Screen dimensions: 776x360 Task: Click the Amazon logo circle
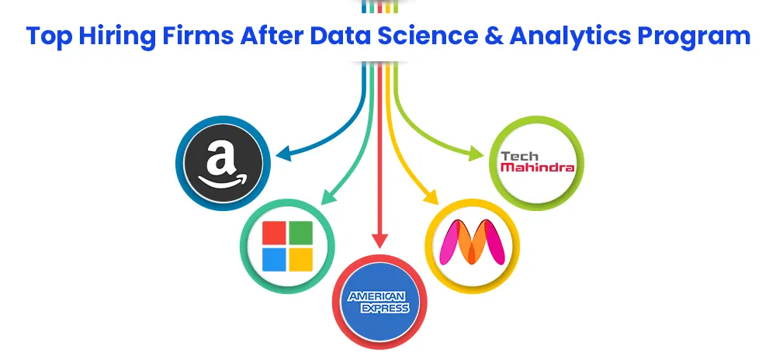223,163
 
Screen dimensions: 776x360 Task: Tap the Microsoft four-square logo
288,246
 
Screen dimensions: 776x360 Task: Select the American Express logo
379,302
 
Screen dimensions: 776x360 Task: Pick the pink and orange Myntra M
472,242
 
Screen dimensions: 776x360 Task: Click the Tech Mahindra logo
537,161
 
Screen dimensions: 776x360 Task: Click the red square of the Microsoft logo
275,233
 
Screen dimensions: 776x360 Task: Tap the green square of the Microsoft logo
301,233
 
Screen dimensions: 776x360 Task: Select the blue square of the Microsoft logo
275,260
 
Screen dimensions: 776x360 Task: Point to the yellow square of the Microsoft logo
301,260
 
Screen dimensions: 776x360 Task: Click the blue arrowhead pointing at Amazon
284,154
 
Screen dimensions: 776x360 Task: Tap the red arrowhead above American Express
379,240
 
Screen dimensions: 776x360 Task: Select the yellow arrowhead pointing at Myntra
430,197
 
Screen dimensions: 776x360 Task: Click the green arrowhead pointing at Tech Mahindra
476,154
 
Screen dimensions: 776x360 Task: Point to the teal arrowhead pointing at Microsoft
328,196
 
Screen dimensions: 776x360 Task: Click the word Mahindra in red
537,167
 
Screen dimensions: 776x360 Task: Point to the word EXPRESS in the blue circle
385,309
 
